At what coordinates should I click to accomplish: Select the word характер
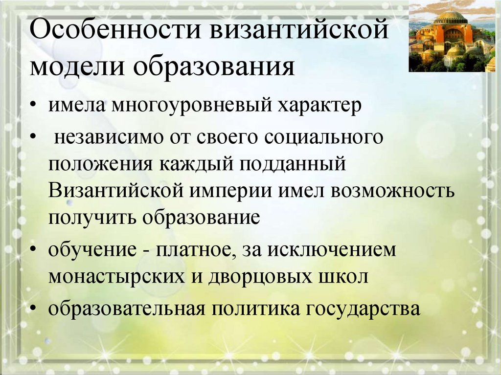pos(319,106)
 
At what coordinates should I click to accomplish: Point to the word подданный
pos(293,164)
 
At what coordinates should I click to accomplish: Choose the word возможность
pos(392,191)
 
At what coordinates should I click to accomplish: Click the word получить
pos(92,218)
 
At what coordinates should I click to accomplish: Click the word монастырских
pos(116,277)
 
